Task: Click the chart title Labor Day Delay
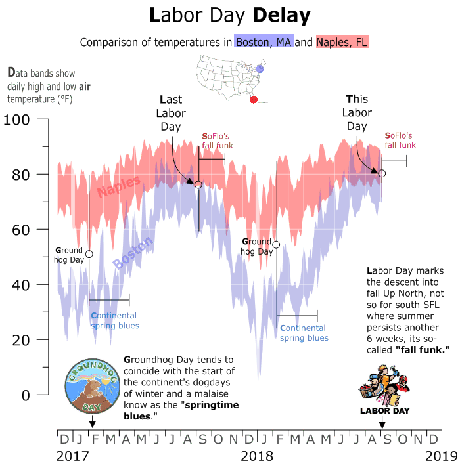(229, 15)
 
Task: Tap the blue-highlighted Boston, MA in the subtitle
(263, 43)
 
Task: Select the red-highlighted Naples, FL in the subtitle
(342, 43)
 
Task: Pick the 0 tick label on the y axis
(24, 395)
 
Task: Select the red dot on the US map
(254, 100)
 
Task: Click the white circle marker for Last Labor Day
(198, 184)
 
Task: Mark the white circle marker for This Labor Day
(382, 173)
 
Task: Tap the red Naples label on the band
(119, 187)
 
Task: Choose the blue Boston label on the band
(133, 253)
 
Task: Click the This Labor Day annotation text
(357, 112)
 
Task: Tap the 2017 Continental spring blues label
(115, 320)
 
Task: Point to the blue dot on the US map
(260, 68)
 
